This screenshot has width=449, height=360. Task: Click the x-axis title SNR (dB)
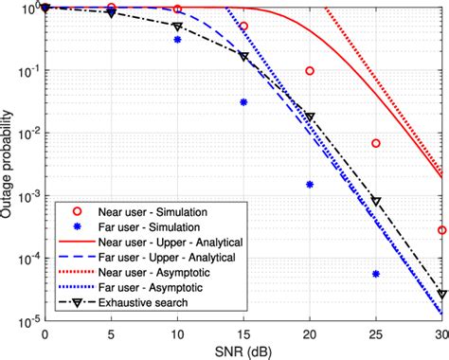pyautogui.click(x=244, y=350)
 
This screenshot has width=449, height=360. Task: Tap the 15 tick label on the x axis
pyautogui.click(x=243, y=333)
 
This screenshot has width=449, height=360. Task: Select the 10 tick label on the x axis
pyautogui.click(x=177, y=333)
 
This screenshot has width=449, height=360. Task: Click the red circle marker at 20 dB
pyautogui.click(x=310, y=71)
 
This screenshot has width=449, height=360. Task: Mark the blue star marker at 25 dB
pyautogui.click(x=376, y=274)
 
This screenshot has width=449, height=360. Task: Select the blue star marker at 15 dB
pyautogui.click(x=243, y=102)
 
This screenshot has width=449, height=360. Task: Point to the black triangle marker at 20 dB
pyautogui.click(x=310, y=117)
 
